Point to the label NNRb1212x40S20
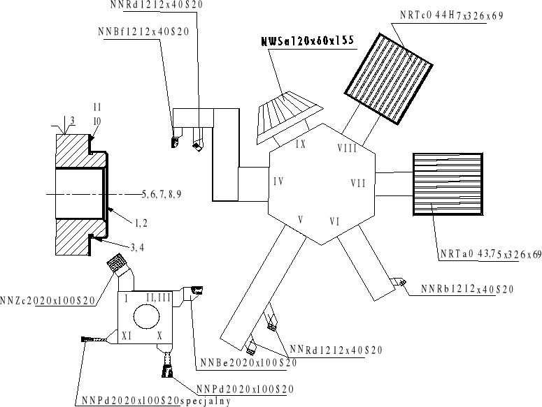pyautogui.click(x=469, y=289)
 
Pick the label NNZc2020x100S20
pyautogui.click(x=48, y=300)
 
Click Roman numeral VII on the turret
pyautogui.click(x=358, y=184)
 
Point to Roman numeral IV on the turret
pyautogui.click(x=278, y=182)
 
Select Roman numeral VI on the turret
pyautogui.click(x=334, y=222)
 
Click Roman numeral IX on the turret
pyautogui.click(x=300, y=145)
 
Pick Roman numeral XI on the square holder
pyautogui.click(x=127, y=336)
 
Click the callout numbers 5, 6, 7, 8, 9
pyautogui.click(x=162, y=193)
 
